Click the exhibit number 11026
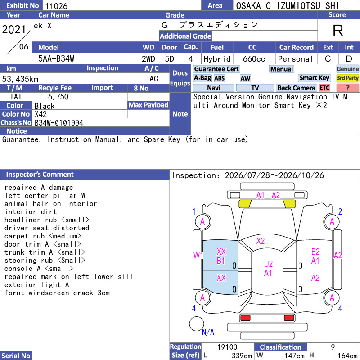pos(56,6)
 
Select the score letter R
pos(338,30)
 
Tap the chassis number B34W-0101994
pos(59,123)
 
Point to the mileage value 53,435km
pos(20,79)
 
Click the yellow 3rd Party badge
pos(347,78)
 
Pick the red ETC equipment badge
pos(324,88)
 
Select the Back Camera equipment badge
pos(296,88)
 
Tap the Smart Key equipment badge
pos(314,78)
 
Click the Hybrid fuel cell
pos(217,59)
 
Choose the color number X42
pos(40,114)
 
